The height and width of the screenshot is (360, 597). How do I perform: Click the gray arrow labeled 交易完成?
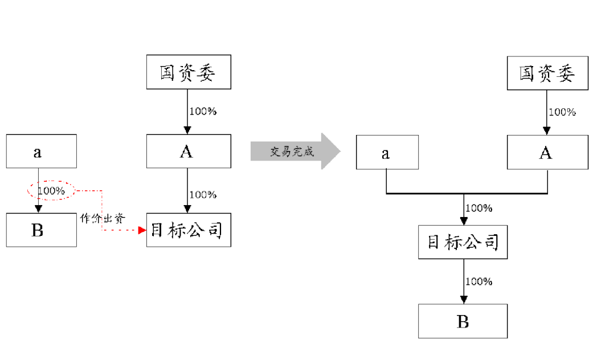[293, 152]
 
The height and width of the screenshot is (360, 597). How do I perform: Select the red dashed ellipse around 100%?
[51, 191]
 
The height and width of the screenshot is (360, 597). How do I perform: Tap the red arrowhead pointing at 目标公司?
[142, 230]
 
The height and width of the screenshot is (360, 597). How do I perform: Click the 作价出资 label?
[103, 218]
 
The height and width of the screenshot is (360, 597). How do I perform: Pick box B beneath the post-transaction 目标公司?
[463, 321]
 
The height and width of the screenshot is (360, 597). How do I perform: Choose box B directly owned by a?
[41, 230]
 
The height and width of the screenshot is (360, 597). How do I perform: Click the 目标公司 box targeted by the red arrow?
[189, 230]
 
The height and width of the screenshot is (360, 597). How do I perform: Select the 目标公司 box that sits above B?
[463, 242]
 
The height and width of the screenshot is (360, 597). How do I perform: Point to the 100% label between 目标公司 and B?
[479, 281]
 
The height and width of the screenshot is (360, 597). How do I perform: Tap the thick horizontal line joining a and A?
[467, 194]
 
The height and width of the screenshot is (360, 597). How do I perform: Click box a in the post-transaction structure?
[387, 152]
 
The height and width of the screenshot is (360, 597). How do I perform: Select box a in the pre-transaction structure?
[41, 151]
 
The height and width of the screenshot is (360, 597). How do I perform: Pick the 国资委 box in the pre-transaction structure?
[189, 72]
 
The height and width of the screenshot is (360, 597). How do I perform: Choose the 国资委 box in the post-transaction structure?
[547, 73]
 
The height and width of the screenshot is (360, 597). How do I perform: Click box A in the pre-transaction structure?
[189, 151]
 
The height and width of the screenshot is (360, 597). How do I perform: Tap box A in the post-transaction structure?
[547, 152]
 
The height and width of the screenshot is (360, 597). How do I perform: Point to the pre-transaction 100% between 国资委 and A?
[203, 111]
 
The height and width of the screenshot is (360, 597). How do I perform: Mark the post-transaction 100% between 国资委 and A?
[562, 112]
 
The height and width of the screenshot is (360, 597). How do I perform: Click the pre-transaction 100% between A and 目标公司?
[203, 195]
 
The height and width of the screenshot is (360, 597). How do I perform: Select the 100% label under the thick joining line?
[479, 208]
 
